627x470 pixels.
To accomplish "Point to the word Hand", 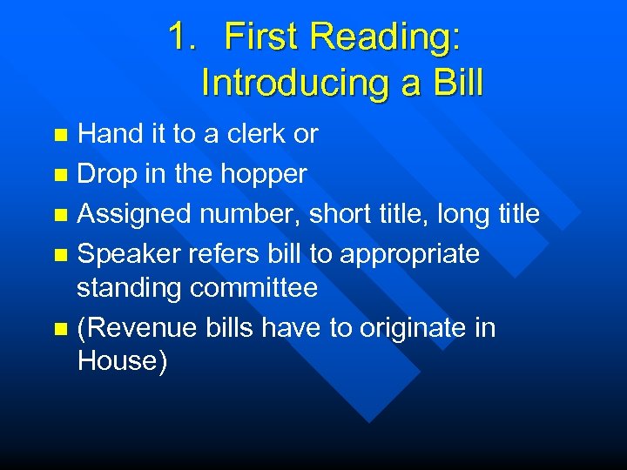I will coord(108,134).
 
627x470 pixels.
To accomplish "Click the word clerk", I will coord(253,134).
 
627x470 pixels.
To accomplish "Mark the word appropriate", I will coord(409,255).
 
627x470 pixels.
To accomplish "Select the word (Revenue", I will coord(138,328).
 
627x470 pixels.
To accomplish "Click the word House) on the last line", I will coord(121,361).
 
